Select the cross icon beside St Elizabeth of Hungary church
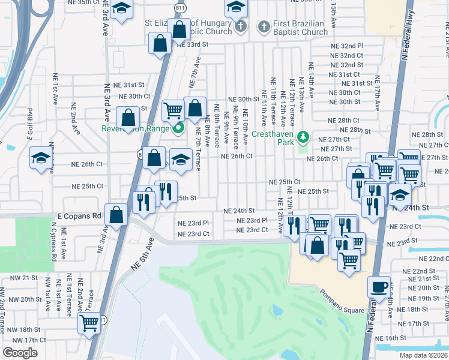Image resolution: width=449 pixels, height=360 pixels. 240,27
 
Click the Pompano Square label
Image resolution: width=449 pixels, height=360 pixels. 343,293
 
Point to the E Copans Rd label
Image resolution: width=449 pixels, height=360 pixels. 79,215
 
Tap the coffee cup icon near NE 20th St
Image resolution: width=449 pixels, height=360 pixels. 379,287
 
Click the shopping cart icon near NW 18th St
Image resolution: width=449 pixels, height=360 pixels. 89,323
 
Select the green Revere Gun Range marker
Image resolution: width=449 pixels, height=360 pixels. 178,127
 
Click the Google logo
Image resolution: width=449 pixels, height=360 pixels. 20,352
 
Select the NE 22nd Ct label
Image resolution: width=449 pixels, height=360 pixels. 432,258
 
